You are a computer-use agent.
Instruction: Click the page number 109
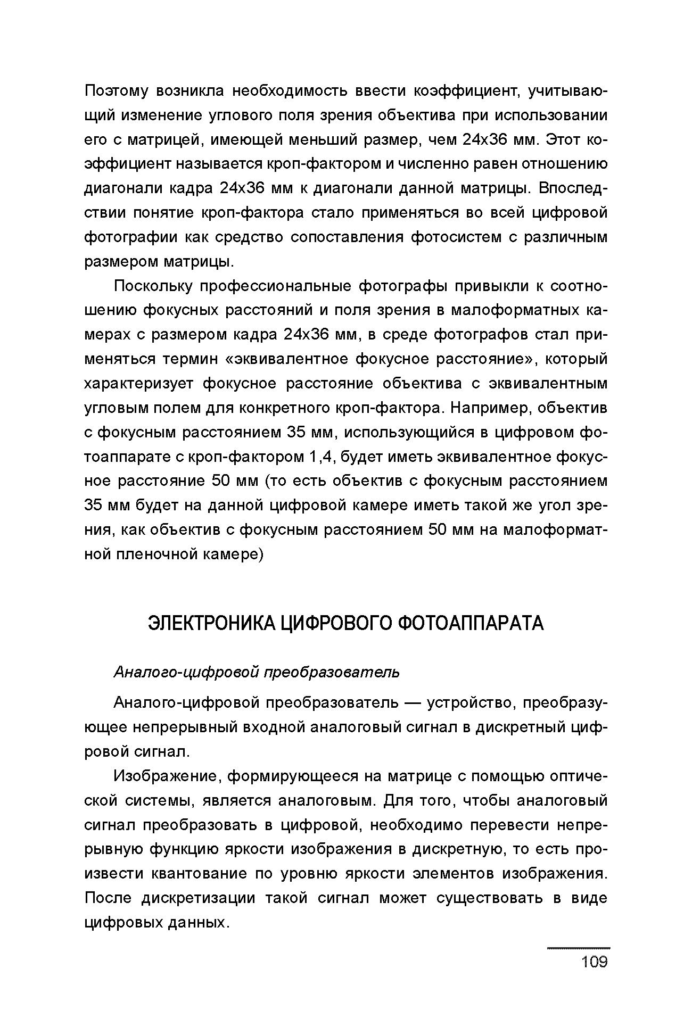click(x=595, y=962)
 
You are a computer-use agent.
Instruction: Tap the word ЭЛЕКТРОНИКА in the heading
click(x=212, y=623)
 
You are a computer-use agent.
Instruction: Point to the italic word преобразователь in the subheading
click(x=332, y=673)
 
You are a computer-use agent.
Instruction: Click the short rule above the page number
click(x=578, y=948)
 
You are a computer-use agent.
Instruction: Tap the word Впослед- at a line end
click(x=573, y=188)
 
